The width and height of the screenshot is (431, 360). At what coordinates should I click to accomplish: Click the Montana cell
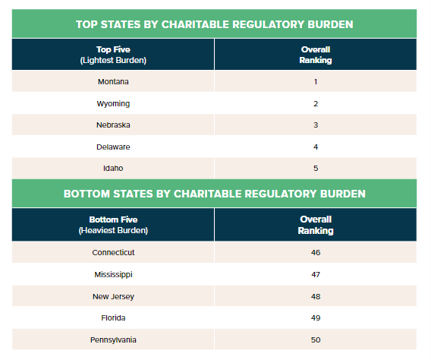(x=113, y=82)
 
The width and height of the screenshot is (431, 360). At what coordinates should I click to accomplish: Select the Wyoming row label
(x=113, y=104)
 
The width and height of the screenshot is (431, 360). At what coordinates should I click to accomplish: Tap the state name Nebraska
(x=113, y=125)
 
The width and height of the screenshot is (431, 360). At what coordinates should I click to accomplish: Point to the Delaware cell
(x=113, y=147)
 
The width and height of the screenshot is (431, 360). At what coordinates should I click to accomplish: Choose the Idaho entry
(x=113, y=169)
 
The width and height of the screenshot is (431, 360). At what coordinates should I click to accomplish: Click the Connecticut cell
(x=113, y=252)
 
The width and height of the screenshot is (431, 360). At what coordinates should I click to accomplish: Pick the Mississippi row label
(x=113, y=274)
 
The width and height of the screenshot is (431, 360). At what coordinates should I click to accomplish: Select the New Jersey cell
(x=113, y=296)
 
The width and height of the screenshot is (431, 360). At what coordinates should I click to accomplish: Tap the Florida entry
(x=113, y=318)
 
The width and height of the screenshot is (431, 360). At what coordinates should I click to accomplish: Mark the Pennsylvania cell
(x=113, y=340)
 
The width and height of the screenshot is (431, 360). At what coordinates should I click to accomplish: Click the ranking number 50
(x=316, y=340)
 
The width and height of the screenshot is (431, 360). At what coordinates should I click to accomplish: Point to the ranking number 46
(x=316, y=252)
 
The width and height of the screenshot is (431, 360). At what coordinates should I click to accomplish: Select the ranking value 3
(x=316, y=125)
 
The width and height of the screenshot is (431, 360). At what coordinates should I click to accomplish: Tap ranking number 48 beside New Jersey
(x=316, y=296)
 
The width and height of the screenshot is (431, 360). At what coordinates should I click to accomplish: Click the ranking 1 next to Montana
(x=316, y=82)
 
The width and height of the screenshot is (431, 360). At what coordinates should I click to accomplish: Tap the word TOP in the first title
(x=86, y=24)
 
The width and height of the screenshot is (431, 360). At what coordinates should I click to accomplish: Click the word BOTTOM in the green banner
(x=87, y=194)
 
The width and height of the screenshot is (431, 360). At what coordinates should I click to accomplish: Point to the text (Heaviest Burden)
(x=113, y=230)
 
